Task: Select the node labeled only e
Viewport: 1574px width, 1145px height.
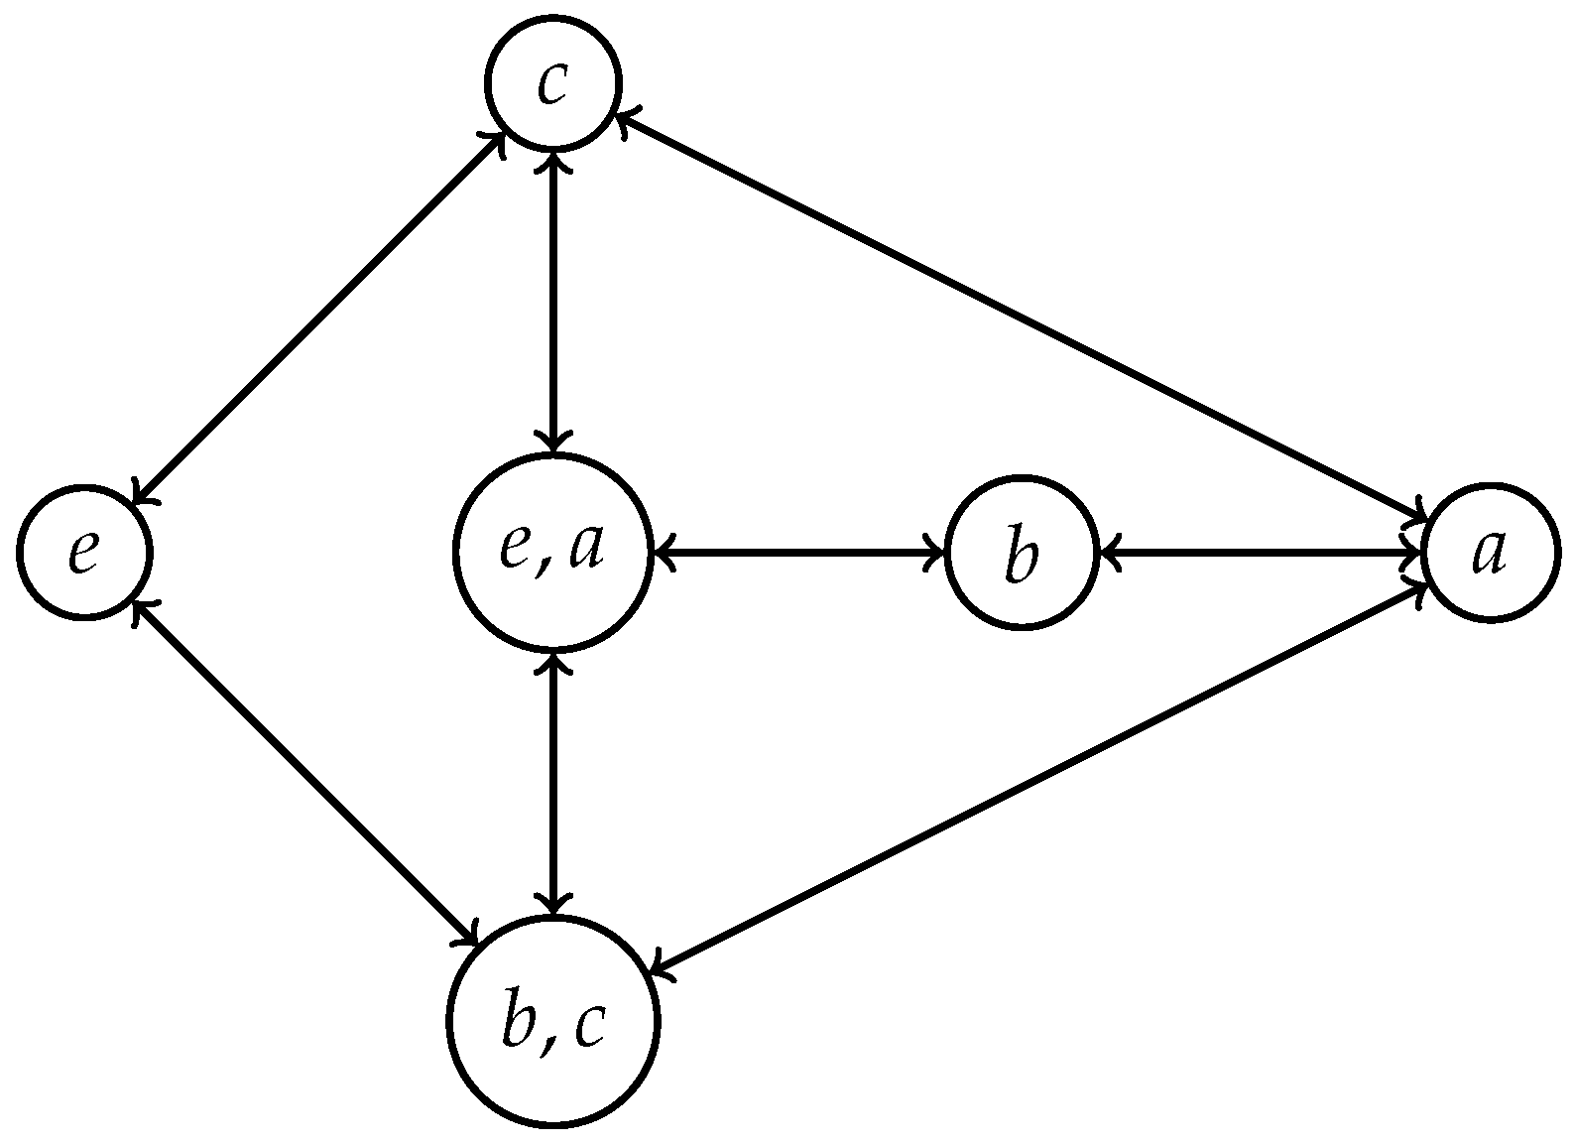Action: pyautogui.click(x=83, y=552)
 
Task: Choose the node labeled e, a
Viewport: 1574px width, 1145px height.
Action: pyautogui.click(x=552, y=552)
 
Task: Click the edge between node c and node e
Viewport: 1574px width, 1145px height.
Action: pyautogui.click(x=317, y=318)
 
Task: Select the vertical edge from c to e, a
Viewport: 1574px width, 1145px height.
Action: pyautogui.click(x=552, y=298)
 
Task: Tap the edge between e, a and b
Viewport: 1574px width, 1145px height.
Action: pyautogui.click(x=798, y=552)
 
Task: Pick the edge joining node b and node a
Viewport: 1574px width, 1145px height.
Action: pyautogui.click(x=1260, y=552)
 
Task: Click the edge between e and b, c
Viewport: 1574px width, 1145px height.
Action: pyautogui.click(x=307, y=774)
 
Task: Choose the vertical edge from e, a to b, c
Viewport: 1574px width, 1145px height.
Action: pyautogui.click(x=552, y=784)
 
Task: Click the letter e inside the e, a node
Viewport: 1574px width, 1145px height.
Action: pyautogui.click(x=518, y=549)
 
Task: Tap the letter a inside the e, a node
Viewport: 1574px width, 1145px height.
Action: pyautogui.click(x=585, y=551)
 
